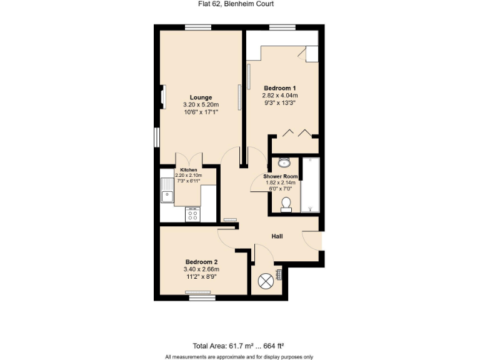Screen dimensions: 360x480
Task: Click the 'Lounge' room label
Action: [201, 97]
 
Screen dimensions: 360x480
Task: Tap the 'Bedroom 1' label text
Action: [280, 87]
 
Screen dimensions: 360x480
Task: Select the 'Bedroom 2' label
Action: [201, 262]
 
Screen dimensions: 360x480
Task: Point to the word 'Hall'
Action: [277, 236]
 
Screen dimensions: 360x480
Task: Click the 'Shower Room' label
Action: [284, 177]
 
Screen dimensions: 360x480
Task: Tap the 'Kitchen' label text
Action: [189, 170]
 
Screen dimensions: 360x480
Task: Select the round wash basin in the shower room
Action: [284, 163]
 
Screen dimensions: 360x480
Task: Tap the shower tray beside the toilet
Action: [310, 186]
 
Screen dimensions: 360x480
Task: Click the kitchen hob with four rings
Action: [192, 214]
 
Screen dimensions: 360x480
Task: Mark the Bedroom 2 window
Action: [201, 298]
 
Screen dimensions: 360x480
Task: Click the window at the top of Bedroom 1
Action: [282, 27]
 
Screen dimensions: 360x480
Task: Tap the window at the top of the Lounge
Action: [197, 27]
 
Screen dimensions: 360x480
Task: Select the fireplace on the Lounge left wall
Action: [162, 97]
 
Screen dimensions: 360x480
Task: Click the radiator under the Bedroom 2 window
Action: [201, 292]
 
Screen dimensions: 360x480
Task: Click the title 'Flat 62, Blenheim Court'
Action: [239, 4]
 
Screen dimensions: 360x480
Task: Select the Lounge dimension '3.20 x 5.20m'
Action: [201, 105]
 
